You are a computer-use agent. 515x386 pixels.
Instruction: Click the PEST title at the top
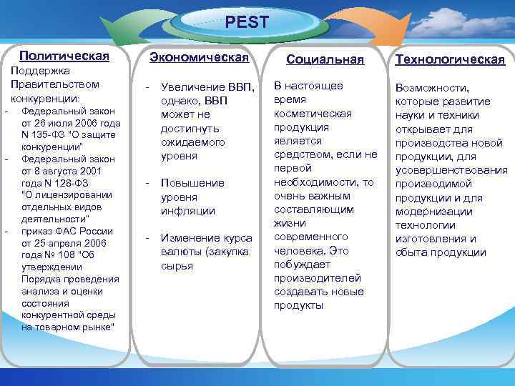pos(247,22)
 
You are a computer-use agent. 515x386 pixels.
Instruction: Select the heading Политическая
pos(64,56)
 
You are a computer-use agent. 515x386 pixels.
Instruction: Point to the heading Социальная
pos(325,59)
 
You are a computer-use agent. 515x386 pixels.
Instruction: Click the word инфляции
pos(187,211)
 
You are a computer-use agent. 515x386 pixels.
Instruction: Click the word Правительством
pos(54,84)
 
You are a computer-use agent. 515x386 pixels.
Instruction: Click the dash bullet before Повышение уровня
pos(147,183)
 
